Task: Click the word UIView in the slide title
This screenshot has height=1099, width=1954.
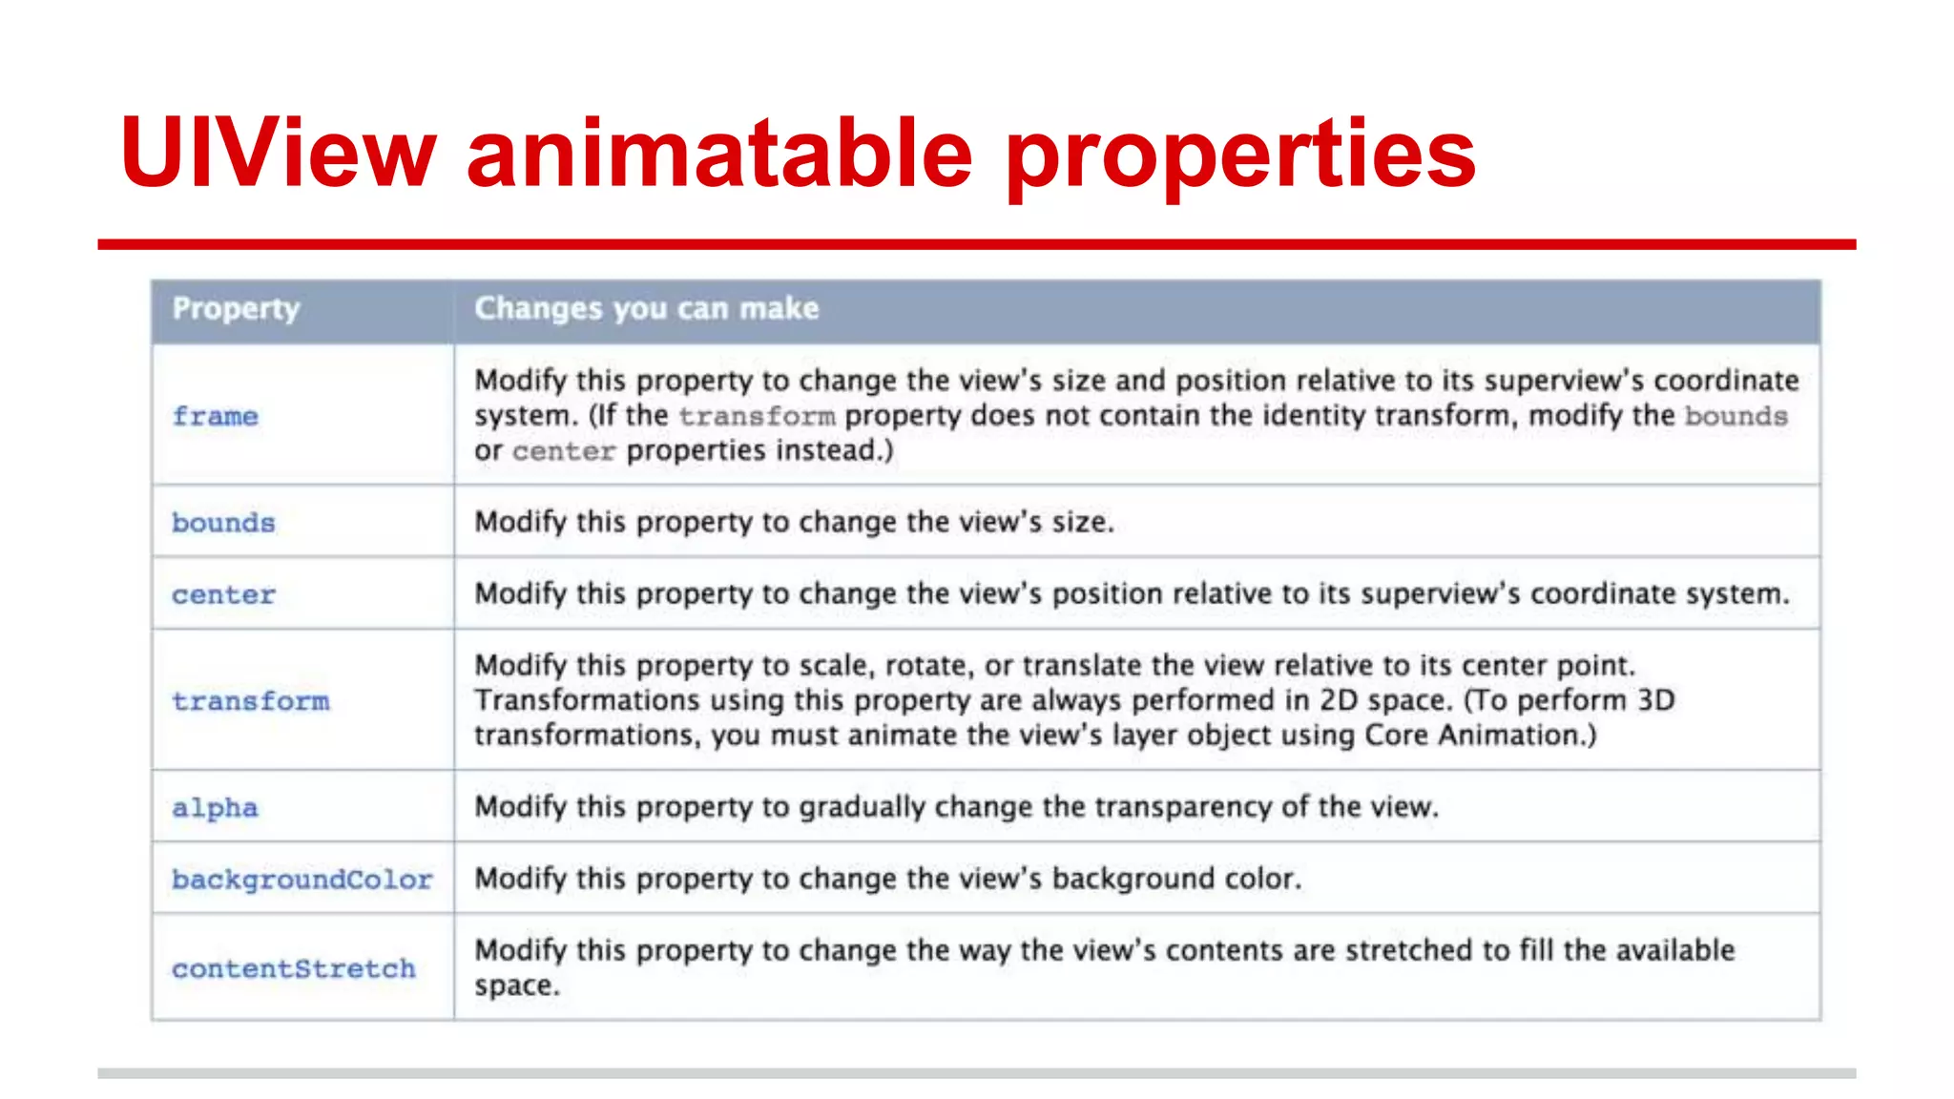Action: (x=278, y=153)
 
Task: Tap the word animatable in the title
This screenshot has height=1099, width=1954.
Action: (x=719, y=153)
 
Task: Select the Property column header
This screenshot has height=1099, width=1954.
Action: (x=236, y=309)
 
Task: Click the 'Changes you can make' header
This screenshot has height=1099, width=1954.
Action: (x=646, y=309)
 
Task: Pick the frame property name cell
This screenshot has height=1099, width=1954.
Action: (x=215, y=417)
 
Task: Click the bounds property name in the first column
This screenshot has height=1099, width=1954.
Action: (x=223, y=523)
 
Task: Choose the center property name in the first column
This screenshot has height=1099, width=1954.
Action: (x=223, y=595)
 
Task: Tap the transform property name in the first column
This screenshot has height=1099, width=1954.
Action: (x=250, y=701)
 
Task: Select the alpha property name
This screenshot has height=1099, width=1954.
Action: (x=215, y=808)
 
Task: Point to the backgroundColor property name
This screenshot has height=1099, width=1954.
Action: (x=301, y=880)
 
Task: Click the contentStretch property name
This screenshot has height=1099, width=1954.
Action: (x=293, y=969)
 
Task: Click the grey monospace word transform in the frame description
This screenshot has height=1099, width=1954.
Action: (x=757, y=417)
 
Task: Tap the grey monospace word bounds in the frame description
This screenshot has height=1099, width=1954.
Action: (x=1736, y=417)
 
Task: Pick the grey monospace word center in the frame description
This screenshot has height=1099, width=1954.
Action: (x=563, y=451)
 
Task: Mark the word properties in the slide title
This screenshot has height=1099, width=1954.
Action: (x=1240, y=153)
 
